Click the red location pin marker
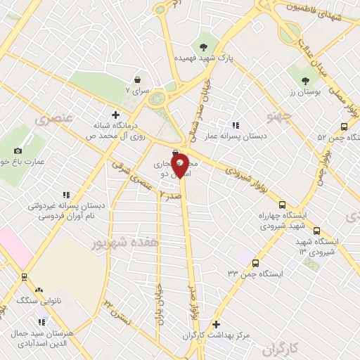[x=180, y=165]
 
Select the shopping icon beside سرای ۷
[x=137, y=80]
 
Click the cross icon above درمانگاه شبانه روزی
[x=116, y=114]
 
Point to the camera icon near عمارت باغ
[x=18, y=150]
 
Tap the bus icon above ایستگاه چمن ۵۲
[x=343, y=127]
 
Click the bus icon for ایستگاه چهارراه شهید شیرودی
[x=282, y=204]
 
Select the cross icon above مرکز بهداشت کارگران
[x=217, y=325]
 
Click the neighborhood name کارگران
[x=283, y=348]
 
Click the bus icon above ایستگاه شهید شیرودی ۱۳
[x=316, y=230]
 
